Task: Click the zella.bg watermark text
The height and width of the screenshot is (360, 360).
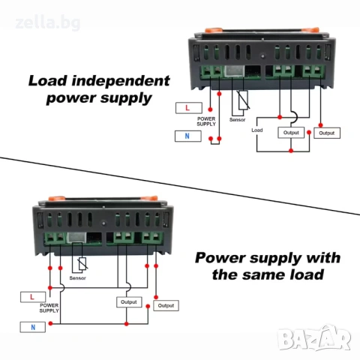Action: tap(48, 23)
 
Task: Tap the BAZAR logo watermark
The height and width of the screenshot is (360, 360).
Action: tap(314, 338)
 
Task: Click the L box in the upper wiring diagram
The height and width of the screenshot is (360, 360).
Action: tap(189, 108)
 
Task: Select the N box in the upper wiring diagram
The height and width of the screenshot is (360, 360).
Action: tap(188, 136)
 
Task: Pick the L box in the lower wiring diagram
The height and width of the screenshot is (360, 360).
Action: tap(33, 297)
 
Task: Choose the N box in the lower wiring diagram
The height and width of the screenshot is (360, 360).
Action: tap(33, 327)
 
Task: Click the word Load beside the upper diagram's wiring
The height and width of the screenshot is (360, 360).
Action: tap(257, 130)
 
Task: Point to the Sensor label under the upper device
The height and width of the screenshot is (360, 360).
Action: tap(238, 120)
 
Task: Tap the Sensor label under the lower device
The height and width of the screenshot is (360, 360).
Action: tap(77, 278)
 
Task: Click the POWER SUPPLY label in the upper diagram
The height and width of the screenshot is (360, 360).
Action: tap(206, 121)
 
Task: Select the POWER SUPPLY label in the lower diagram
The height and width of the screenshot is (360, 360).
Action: tap(49, 308)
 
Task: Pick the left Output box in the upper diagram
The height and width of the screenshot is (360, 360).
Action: tap(291, 133)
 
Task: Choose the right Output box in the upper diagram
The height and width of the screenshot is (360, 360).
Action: tap(327, 133)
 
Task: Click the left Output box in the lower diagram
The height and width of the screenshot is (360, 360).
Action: tap(129, 302)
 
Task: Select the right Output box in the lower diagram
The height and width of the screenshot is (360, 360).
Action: tap(166, 305)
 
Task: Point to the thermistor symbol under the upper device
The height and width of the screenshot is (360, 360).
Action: tap(243, 100)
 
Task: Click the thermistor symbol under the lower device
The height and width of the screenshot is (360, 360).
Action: tap(82, 264)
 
